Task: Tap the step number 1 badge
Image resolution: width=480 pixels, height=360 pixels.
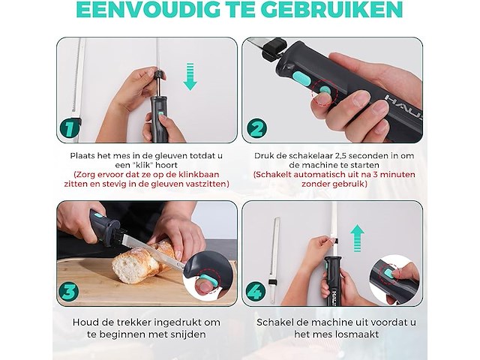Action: pos(70,127)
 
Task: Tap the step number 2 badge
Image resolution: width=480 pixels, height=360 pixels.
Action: pos(257,128)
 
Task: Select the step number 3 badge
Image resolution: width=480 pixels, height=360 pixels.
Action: pos(70,289)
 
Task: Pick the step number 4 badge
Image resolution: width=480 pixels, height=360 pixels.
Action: pos(256,291)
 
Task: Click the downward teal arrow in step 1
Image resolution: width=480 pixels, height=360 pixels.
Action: pos(190,76)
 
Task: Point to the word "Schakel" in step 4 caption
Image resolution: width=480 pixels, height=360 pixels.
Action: pos(275,322)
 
